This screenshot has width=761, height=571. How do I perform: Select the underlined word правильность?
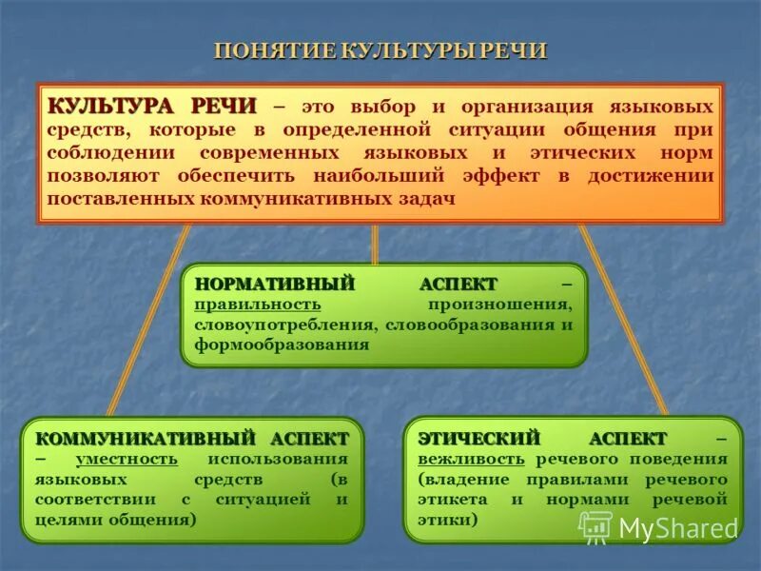(x=258, y=305)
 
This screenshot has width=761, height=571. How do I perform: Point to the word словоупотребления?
(x=286, y=325)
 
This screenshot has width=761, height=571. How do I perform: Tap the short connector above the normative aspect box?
(x=375, y=245)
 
